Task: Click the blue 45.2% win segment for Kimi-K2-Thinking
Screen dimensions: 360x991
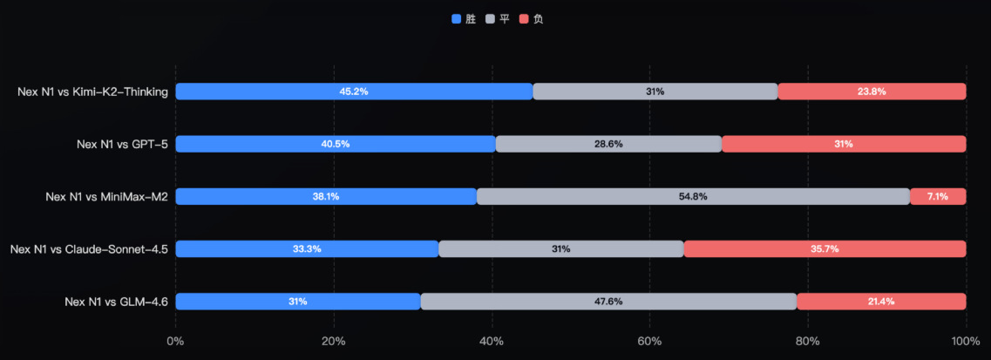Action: pos(354,92)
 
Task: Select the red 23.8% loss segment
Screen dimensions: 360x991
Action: pos(872,92)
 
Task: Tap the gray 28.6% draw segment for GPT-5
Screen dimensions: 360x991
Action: pos(608,144)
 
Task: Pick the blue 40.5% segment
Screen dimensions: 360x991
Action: pos(336,144)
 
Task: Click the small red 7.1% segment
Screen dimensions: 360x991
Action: pos(938,196)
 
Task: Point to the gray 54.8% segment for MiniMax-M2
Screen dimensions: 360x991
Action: pos(693,196)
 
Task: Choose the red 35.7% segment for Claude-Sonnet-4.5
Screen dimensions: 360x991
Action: pos(825,248)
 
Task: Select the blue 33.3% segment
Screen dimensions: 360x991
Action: pos(307,248)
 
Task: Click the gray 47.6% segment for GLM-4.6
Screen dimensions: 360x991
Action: pos(608,301)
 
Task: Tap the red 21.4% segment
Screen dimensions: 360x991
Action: pos(881,301)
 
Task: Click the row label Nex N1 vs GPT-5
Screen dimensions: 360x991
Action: pos(122,144)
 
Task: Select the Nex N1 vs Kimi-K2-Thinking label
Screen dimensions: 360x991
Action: pos(92,92)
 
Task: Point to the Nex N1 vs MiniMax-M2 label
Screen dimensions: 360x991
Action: pos(106,196)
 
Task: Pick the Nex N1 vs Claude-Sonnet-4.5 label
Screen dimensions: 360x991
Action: pos(89,248)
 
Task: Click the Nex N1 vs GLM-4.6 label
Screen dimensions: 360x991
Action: pos(116,301)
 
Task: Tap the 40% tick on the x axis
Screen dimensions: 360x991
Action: pos(492,341)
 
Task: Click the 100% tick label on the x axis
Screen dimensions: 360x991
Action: pos(965,341)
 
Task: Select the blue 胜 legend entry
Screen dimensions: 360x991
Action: pos(465,18)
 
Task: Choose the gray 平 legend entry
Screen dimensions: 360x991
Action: pos(498,18)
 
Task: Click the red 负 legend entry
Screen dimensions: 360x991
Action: pos(531,18)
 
